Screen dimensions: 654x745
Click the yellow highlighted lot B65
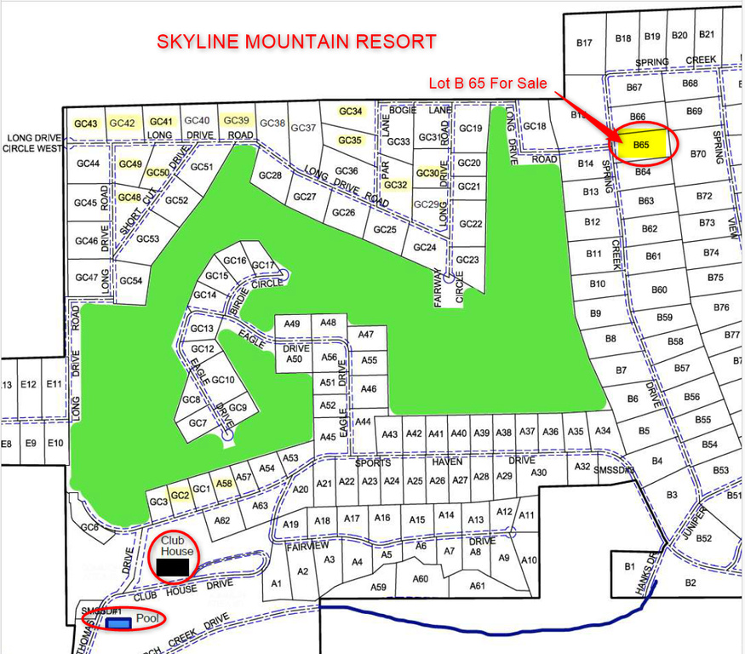coord(642,145)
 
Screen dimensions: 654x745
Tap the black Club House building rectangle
coord(173,566)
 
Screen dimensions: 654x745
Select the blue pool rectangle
coord(119,623)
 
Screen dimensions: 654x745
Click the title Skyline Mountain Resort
coord(296,42)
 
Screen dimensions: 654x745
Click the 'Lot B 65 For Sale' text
coord(487,83)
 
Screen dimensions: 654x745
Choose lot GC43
coord(86,123)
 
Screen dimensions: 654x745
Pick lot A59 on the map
coord(378,587)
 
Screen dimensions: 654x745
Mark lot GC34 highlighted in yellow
coord(351,112)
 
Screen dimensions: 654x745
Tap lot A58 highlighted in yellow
coord(224,483)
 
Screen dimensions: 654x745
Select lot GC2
coord(179,495)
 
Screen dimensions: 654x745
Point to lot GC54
coord(130,280)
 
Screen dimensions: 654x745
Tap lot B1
coord(630,565)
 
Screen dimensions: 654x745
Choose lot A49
coord(292,324)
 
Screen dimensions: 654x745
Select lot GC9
coord(238,408)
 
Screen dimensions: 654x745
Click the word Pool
coord(148,619)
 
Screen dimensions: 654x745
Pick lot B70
coord(698,154)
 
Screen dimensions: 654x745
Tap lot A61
coord(478,585)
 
